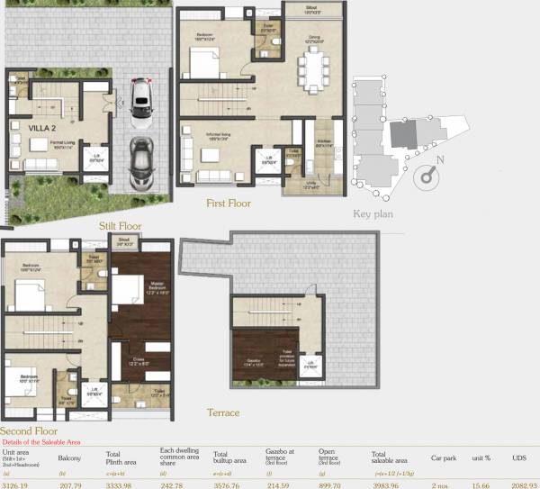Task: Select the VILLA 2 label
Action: (x=31, y=129)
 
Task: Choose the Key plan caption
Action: (x=374, y=213)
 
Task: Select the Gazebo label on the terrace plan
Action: (x=254, y=363)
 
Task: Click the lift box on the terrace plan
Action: (x=312, y=366)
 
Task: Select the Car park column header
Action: (x=443, y=457)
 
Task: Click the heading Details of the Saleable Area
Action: (x=44, y=442)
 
